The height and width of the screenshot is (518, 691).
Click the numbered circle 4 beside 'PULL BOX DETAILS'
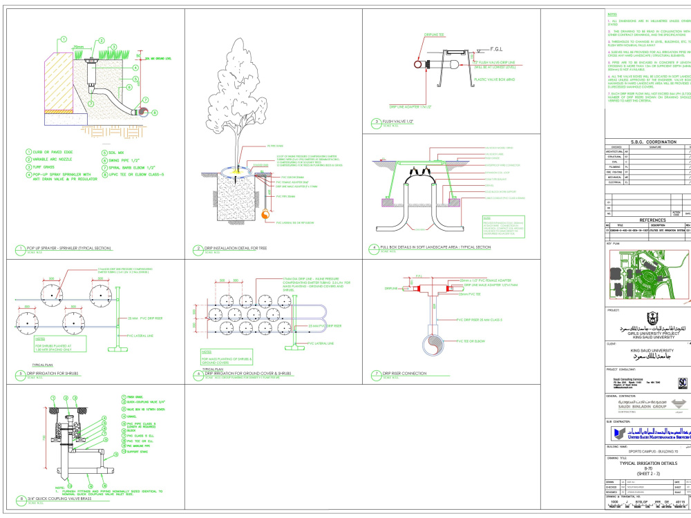tap(374, 247)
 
